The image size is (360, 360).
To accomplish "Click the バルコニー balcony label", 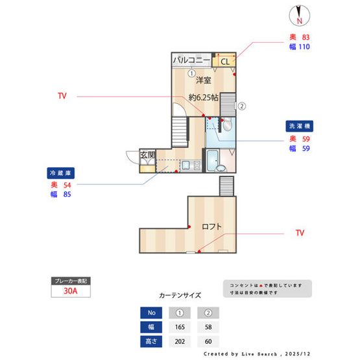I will click(191, 61).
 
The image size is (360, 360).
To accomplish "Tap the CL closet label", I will click(224, 62).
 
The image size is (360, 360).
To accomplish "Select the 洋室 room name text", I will click(204, 80).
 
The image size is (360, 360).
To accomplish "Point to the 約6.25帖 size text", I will click(203, 97).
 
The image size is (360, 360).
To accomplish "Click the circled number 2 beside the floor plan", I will click(241, 106).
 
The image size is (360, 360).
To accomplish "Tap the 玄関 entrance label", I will click(148, 155).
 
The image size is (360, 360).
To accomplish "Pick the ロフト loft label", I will click(211, 227).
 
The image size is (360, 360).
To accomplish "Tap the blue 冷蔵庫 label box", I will click(62, 173).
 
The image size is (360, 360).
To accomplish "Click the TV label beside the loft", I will click(300, 232).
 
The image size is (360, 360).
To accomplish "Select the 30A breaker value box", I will click(71, 291).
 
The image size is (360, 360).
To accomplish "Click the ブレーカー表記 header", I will click(71, 280).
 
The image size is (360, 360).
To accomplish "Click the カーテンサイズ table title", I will click(180, 294).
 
